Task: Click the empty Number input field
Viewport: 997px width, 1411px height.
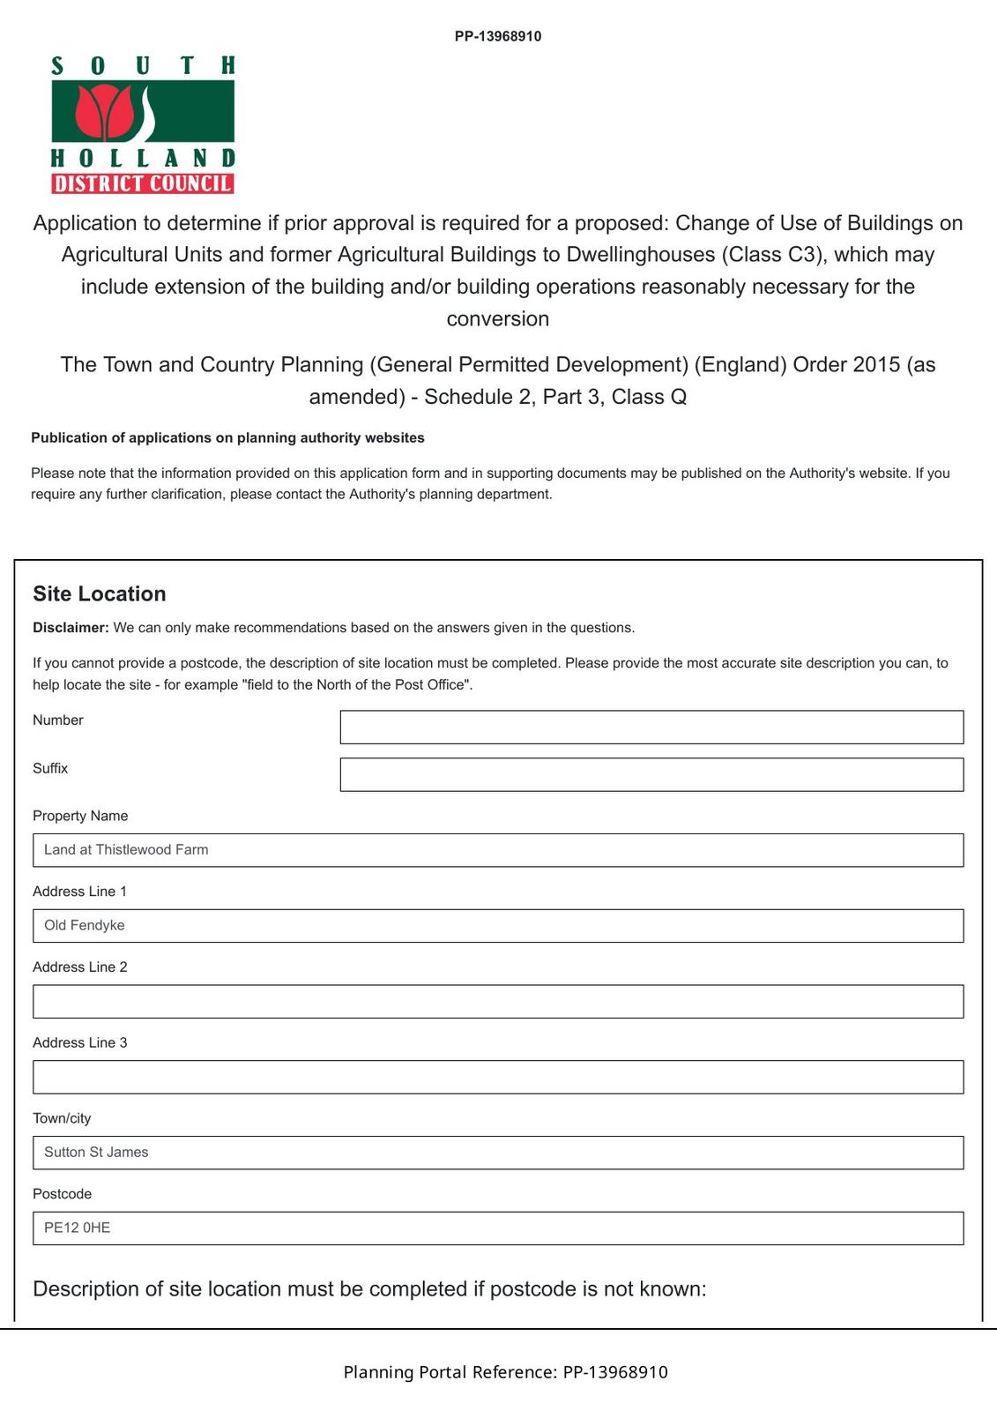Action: point(651,727)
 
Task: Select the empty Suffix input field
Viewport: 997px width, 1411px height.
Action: point(651,774)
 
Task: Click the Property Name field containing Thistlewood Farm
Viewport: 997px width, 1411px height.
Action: point(498,850)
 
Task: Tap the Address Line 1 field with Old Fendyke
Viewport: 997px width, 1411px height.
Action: point(498,926)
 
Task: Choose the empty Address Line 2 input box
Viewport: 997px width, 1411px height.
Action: point(498,1002)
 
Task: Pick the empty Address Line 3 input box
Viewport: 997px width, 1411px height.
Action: point(498,1078)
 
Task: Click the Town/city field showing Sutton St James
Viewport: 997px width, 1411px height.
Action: point(498,1153)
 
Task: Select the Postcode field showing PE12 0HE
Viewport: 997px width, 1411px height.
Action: point(498,1228)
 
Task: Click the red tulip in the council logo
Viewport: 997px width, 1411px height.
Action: point(103,112)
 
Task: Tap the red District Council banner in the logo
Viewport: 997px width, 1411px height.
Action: point(143,183)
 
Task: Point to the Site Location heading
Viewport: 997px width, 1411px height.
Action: point(100,594)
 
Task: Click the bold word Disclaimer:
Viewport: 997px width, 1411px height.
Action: point(71,628)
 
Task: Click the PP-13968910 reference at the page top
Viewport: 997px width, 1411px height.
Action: point(498,36)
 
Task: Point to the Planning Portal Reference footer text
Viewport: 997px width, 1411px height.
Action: point(505,1372)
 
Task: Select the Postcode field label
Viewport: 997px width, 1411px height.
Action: point(62,1194)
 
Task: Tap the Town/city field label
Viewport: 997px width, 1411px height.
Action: point(62,1118)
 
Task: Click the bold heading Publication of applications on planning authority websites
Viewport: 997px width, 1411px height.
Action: point(227,437)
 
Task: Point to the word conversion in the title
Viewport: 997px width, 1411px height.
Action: point(498,319)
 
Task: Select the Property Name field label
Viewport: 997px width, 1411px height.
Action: point(80,816)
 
